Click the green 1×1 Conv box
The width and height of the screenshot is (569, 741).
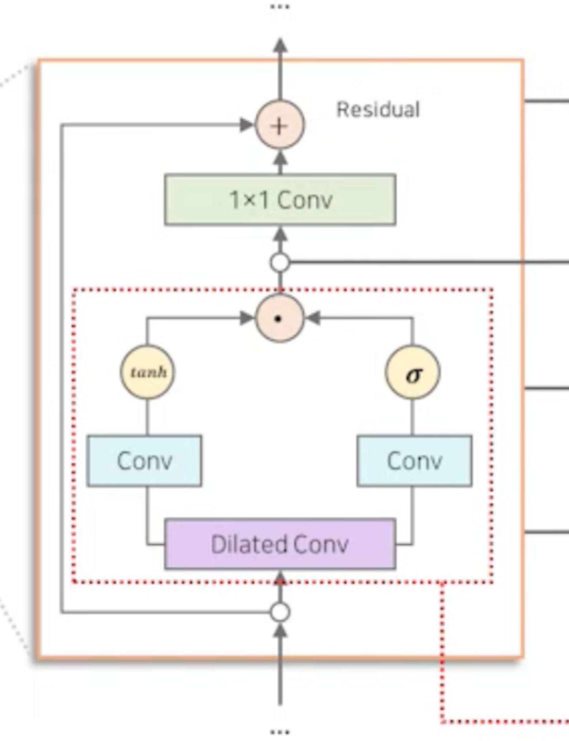(280, 200)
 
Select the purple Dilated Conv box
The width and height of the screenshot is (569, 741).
(280, 544)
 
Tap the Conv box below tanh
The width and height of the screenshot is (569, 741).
(144, 461)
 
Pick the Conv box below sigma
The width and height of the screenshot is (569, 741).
(414, 461)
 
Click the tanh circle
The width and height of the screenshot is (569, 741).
(147, 372)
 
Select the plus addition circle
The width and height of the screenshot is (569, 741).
(280, 125)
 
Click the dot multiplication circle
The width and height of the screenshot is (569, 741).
(280, 318)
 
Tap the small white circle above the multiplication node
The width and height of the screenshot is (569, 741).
(280, 262)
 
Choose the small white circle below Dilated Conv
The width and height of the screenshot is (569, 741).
(280, 612)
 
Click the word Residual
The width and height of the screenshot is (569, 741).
(377, 109)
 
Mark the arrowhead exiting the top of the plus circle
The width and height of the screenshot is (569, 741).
(280, 45)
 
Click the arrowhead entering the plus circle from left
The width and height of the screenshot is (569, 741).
(247, 125)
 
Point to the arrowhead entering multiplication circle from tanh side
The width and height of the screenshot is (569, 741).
(247, 318)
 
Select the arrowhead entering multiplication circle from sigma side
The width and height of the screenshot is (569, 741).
(314, 318)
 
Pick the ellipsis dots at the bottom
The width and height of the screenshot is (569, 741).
(280, 732)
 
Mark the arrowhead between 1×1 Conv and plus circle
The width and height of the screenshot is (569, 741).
(280, 159)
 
